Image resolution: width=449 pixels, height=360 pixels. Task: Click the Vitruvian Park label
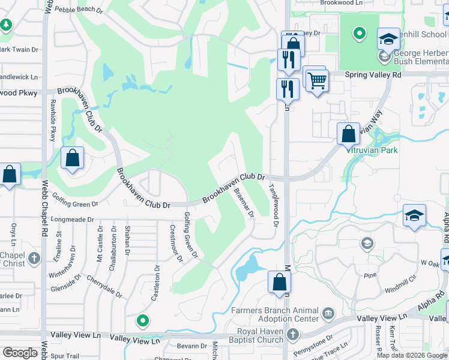coord(372,151)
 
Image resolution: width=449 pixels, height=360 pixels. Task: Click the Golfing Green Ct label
coord(191,235)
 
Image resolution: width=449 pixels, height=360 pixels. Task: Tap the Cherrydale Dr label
coord(103,287)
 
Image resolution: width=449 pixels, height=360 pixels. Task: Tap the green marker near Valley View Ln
coord(142,321)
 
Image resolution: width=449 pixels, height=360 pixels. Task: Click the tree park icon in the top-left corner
coord(6,25)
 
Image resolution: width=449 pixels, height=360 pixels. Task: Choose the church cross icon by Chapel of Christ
coord(35,259)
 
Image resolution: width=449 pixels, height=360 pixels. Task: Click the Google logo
coord(20,353)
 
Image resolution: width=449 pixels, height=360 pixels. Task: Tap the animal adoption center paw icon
coord(328,313)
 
